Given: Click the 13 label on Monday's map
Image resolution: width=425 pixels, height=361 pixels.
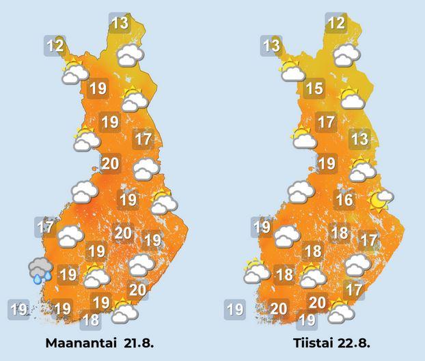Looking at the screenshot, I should pyautogui.click(x=120, y=24).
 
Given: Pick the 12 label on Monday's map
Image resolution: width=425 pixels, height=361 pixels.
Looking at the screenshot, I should pyautogui.click(x=55, y=47).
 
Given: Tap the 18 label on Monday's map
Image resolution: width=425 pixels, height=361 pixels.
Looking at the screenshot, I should pyautogui.click(x=90, y=319).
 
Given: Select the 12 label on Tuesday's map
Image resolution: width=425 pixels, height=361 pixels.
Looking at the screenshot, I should pyautogui.click(x=335, y=24).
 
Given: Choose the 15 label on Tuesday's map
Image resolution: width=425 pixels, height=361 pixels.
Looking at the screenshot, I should pyautogui.click(x=314, y=88).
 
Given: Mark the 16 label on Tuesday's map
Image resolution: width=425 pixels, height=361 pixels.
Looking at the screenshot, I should pyautogui.click(x=344, y=200).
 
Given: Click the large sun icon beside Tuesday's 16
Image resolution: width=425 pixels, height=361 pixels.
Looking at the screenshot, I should pyautogui.click(x=379, y=199).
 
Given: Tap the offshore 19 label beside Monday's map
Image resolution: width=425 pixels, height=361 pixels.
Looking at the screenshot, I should pyautogui.click(x=18, y=309).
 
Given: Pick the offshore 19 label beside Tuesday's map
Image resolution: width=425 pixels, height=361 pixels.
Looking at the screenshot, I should pyautogui.click(x=235, y=309).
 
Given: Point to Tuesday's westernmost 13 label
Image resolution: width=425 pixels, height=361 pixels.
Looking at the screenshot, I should pyautogui.click(x=271, y=46).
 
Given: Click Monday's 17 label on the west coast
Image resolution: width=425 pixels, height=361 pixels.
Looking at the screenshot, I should pyautogui.click(x=46, y=226).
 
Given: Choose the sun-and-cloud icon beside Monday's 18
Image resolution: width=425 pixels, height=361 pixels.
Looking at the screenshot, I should pyautogui.click(x=124, y=311).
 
